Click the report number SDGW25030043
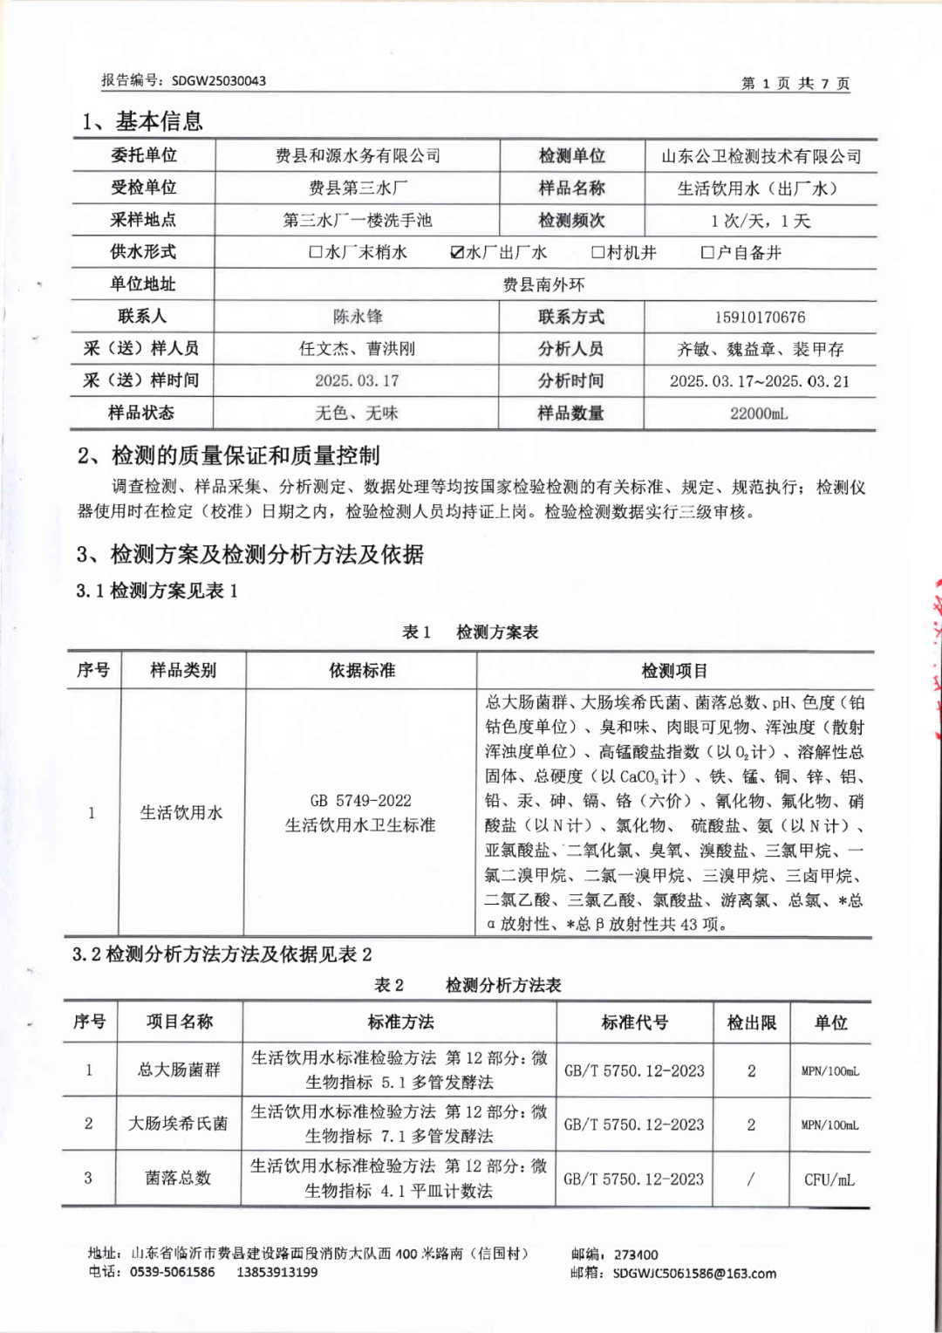[218, 80]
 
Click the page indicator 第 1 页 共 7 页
[795, 83]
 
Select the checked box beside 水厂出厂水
[457, 252]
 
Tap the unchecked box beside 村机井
[597, 252]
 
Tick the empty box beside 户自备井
[707, 252]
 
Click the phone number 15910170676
[759, 317]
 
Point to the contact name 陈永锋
[358, 316]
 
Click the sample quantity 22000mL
[759, 413]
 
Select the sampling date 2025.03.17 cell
[357, 380]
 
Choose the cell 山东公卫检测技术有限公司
[761, 156]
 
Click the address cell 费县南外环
[543, 284]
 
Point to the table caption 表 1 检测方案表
[470, 632]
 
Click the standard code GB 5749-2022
[360, 800]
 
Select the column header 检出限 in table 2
[751, 1022]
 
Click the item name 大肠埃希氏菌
[178, 1124]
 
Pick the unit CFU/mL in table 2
[829, 1179]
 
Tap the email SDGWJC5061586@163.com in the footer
[694, 1273]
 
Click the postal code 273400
[636, 1254]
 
